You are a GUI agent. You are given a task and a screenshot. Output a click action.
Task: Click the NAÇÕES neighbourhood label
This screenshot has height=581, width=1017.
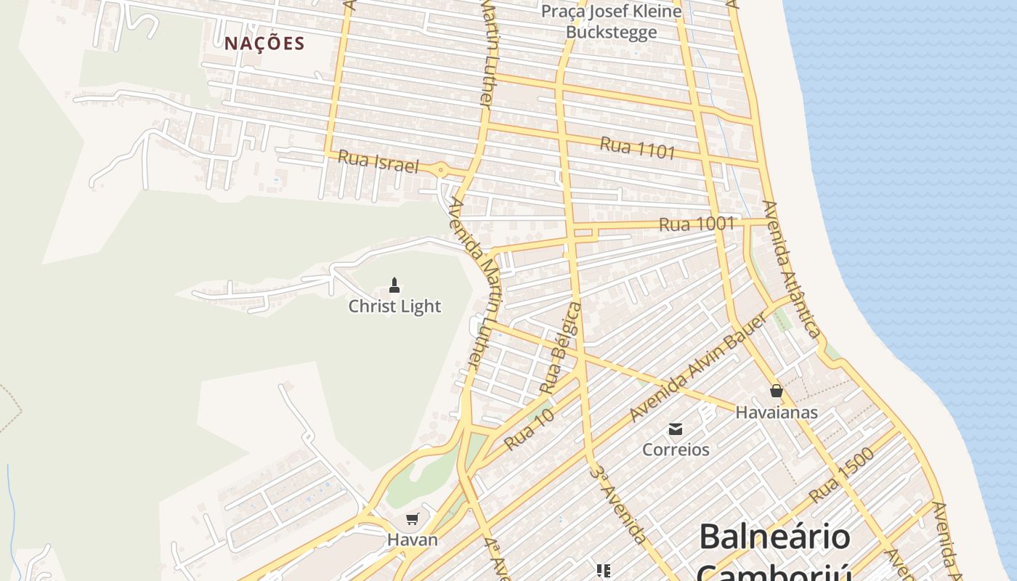(264, 44)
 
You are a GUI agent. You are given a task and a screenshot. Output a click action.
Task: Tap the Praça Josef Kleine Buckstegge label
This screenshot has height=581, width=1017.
(612, 22)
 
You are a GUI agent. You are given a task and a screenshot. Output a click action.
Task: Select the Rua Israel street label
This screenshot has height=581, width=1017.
(378, 162)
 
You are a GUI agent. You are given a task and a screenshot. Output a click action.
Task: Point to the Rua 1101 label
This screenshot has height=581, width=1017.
(638, 147)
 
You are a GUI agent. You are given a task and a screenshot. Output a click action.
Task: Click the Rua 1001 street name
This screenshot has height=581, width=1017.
(697, 224)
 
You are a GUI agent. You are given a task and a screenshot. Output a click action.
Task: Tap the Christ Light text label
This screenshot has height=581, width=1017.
(394, 306)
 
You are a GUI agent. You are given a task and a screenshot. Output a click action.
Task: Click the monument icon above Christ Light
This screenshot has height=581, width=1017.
(394, 285)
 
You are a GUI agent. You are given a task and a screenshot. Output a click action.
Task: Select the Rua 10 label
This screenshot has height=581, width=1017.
(530, 428)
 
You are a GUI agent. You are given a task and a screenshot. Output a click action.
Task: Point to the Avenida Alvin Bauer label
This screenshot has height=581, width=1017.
(698, 369)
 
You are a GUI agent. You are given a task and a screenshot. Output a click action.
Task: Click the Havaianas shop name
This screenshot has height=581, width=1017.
(777, 413)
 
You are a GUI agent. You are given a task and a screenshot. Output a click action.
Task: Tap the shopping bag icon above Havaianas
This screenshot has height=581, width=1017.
(777, 391)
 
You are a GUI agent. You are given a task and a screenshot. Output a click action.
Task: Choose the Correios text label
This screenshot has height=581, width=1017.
(676, 450)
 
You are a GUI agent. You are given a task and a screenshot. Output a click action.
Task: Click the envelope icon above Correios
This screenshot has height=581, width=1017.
(676, 428)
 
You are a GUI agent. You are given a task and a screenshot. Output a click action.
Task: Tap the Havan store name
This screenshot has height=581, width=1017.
(413, 540)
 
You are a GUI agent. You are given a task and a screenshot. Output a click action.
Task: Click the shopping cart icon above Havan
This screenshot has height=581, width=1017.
(413, 519)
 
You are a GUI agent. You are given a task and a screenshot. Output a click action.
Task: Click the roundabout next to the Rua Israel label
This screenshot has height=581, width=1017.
(440, 171)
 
